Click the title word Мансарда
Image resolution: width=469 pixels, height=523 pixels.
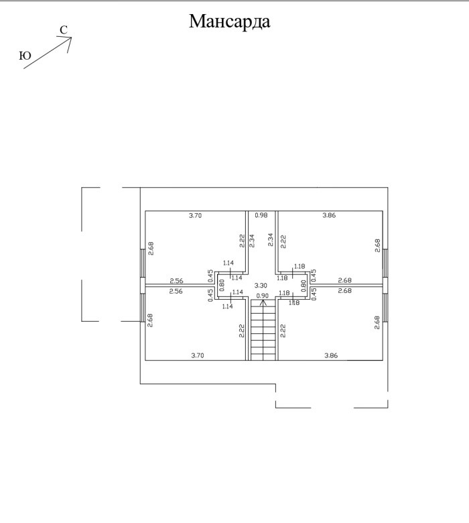click(x=229, y=21)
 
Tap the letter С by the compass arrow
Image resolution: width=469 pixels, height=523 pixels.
click(x=62, y=30)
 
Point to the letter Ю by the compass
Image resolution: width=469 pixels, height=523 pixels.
click(x=25, y=56)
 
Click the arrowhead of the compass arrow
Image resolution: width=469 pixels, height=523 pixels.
click(x=68, y=40)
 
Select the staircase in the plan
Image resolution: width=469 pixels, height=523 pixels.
click(x=263, y=330)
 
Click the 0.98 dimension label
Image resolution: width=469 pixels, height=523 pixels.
click(x=262, y=215)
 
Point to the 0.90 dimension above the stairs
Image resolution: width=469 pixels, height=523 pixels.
click(x=263, y=296)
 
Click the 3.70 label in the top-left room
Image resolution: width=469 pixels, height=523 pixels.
click(x=195, y=215)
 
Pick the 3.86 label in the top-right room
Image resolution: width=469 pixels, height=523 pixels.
click(x=329, y=215)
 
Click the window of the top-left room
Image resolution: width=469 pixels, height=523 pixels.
click(x=143, y=263)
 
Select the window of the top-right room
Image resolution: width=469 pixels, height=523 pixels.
click(x=385, y=264)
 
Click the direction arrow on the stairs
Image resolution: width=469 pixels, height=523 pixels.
click(x=263, y=304)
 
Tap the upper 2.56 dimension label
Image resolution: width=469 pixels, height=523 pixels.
click(x=176, y=280)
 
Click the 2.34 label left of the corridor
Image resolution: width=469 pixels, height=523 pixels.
click(x=253, y=240)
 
